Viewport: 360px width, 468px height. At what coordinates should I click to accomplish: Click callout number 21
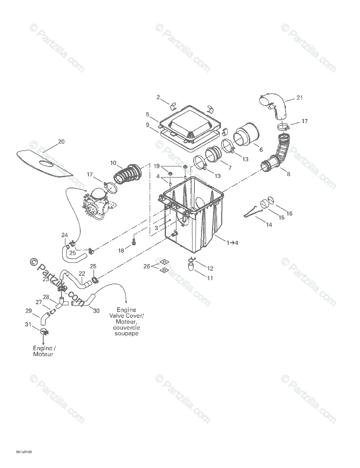[299, 97]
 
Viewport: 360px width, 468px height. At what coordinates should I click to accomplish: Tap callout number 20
[62, 142]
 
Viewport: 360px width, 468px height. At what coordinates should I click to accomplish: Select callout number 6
[261, 149]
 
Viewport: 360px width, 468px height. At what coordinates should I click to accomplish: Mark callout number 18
[121, 251]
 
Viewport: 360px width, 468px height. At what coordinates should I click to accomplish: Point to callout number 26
[146, 266]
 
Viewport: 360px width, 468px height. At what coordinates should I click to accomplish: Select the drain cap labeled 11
[191, 267]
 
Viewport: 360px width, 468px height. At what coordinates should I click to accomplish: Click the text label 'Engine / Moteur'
[43, 351]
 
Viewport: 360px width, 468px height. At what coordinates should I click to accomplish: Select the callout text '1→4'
[232, 243]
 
